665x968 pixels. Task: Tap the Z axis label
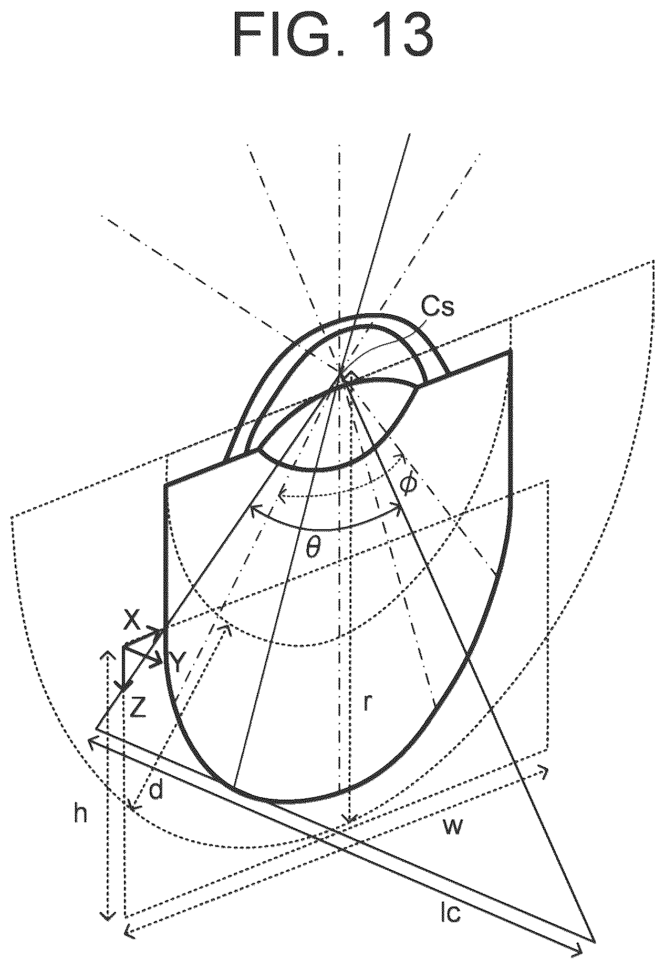138,708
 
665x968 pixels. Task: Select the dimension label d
156,790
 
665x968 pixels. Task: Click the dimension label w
453,827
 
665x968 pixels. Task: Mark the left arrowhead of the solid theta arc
254,509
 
